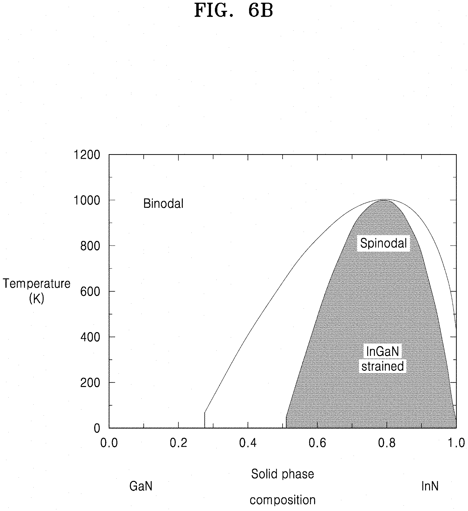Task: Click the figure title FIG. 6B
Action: tap(234, 10)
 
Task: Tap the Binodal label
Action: tap(163, 203)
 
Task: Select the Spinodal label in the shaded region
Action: tap(383, 243)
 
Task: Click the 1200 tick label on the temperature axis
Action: tap(87, 155)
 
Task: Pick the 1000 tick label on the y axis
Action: tap(87, 200)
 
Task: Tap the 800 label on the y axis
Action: tap(90, 246)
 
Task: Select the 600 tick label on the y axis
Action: tap(90, 291)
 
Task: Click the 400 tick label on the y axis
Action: tap(90, 337)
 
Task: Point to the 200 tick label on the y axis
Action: tap(90, 383)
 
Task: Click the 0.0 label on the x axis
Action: tap(109, 443)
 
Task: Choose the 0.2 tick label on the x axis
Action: tap(178, 443)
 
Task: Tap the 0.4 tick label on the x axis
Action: tap(248, 443)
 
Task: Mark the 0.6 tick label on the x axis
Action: tap(317, 443)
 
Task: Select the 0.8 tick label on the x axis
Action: tap(387, 443)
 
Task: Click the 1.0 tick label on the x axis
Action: tap(456, 443)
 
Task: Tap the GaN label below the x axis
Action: tap(141, 486)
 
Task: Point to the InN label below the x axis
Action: tap(430, 486)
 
